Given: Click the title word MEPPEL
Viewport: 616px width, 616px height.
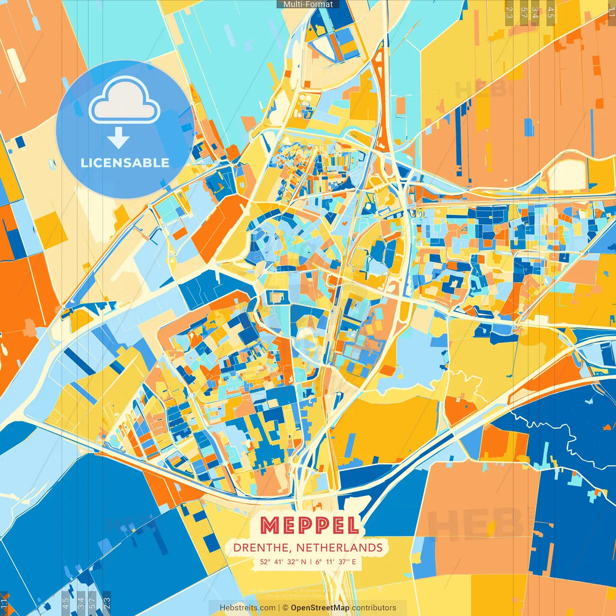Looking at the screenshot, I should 310,526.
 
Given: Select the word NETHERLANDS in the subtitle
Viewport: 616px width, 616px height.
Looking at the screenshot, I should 339,548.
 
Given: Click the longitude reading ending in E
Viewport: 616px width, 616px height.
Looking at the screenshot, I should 336,562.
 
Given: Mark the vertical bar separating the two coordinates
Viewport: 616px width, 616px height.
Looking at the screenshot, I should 311,562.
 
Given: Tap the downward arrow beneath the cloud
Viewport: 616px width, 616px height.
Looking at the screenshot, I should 118,138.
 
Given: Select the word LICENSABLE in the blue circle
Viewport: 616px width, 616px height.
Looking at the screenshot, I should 125,163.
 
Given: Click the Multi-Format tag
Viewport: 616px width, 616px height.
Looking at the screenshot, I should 308,4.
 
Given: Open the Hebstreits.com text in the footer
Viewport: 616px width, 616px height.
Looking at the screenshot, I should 247,608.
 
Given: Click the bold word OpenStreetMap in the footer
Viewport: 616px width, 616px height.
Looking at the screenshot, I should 320,608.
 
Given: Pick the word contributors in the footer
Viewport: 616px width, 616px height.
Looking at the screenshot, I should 374,608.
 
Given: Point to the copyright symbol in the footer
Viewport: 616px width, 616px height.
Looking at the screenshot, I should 285,608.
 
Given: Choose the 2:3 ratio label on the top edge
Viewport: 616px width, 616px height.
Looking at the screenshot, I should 509,12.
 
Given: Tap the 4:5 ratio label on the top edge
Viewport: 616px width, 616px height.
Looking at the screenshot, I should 551,12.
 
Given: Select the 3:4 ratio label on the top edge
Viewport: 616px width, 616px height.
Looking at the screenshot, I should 535,12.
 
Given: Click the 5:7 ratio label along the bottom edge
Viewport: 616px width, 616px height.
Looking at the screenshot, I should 92,603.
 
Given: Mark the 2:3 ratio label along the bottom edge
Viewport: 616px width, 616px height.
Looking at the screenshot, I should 107,603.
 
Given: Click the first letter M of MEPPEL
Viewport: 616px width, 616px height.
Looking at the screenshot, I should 269,526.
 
